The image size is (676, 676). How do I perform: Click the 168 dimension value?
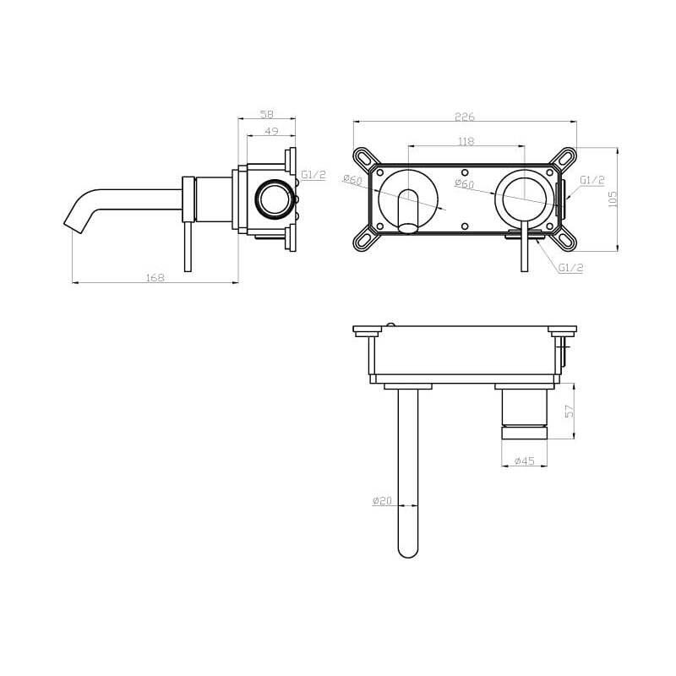[155, 278]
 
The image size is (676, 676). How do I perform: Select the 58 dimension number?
[267, 114]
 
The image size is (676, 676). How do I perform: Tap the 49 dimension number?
[271, 131]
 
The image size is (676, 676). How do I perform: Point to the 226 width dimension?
[465, 117]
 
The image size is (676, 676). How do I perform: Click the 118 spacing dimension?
[466, 141]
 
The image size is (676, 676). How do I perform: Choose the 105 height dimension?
[612, 199]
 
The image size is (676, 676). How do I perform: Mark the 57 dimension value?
[569, 411]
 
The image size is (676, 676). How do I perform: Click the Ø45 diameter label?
[525, 461]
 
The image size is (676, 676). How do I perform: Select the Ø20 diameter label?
[382, 500]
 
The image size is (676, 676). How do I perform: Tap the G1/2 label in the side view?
[313, 175]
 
